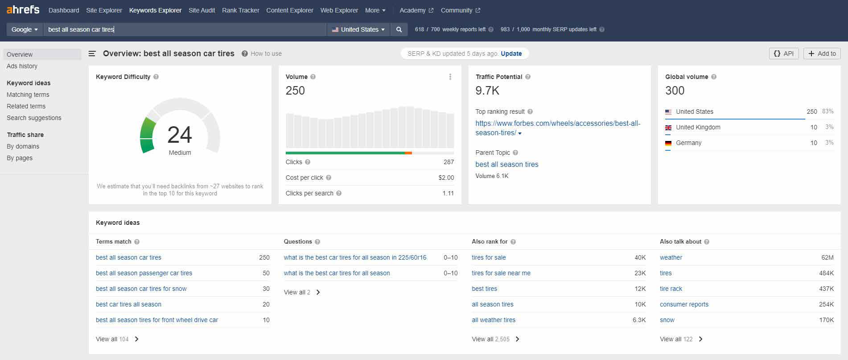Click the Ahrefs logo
point(23,10)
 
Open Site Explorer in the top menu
point(104,10)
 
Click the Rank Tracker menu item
point(240,10)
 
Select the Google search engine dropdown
point(25,29)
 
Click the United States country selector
point(358,29)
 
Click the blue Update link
point(511,54)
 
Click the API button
point(783,54)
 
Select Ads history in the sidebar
point(22,66)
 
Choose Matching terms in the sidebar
point(28,95)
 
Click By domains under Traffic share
point(23,146)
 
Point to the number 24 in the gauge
point(180,135)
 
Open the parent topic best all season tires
point(506,164)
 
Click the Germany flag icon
point(668,143)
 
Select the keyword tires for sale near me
point(501,273)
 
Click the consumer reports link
point(684,304)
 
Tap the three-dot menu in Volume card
point(450,77)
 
